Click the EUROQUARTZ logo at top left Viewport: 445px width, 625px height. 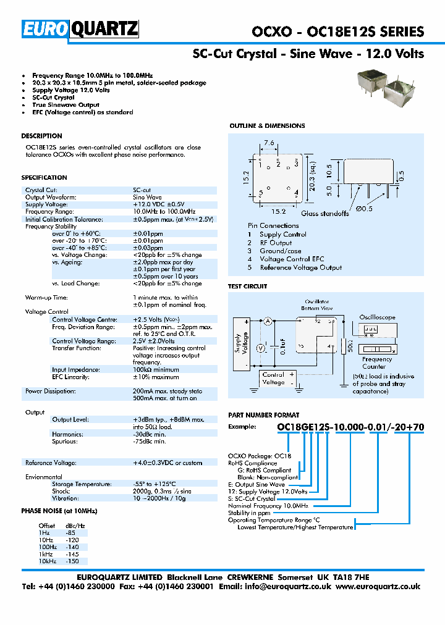(80, 29)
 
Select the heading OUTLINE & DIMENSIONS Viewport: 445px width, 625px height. (267, 126)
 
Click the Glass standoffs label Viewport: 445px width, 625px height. (326, 214)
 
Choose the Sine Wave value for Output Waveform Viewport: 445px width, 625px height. (147, 197)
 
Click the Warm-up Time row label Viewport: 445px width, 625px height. (47, 298)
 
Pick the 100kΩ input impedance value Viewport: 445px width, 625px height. (146, 369)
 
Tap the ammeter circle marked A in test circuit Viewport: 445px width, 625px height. (268, 321)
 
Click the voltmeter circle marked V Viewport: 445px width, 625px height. (261, 348)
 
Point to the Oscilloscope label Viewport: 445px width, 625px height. (377, 317)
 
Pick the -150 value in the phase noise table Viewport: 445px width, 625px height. (72, 562)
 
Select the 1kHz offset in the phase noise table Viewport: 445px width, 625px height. (48, 555)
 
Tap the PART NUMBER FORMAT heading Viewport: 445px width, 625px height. (264, 415)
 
